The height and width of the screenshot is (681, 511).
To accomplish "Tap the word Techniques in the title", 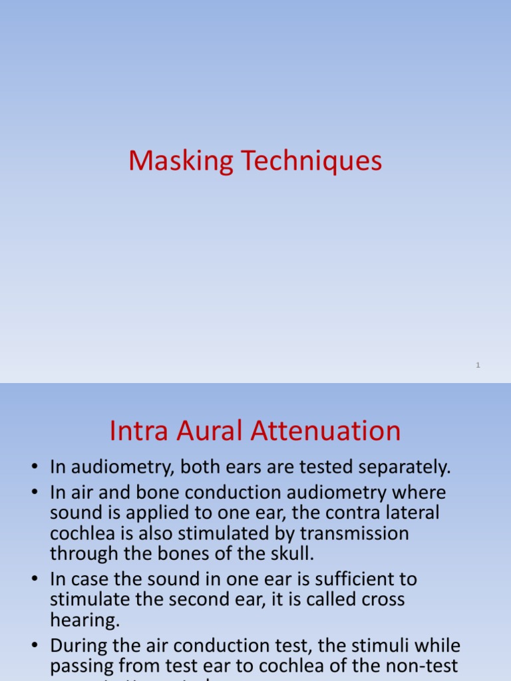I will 309,162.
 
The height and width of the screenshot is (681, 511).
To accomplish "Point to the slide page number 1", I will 478,365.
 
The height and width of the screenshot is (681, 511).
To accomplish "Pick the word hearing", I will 83,620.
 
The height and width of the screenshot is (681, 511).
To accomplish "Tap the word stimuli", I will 361,646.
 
